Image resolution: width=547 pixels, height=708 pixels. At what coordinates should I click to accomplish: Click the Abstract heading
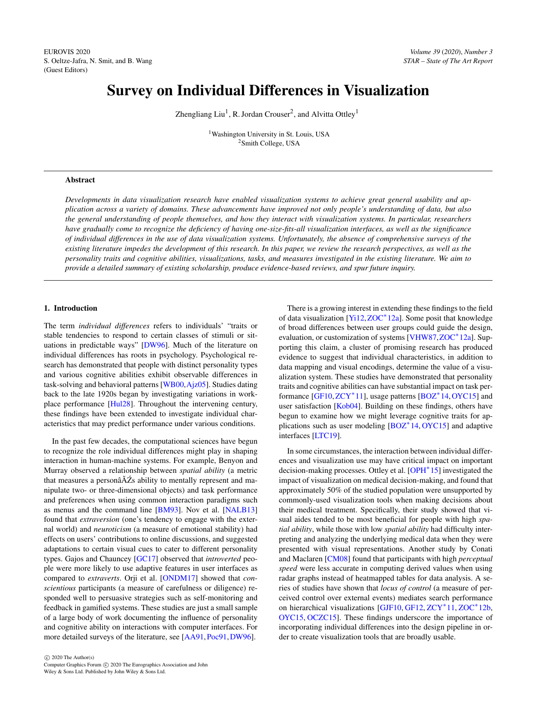[x=80, y=180]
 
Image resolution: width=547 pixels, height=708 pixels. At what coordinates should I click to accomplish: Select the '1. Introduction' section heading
[x=71, y=308]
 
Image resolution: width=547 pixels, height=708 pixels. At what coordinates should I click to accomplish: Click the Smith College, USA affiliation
[x=270, y=143]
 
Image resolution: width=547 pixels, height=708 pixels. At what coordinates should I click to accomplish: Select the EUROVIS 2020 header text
[x=67, y=52]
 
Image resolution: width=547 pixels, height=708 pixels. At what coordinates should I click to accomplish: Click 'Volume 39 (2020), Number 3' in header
[x=451, y=52]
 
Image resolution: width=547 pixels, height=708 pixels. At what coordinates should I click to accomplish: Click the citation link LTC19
[x=327, y=436]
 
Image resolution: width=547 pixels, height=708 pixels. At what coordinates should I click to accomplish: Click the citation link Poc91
[x=217, y=637]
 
